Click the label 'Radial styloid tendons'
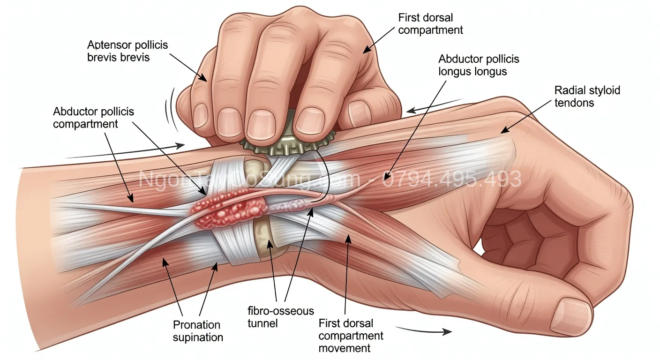click(587, 96)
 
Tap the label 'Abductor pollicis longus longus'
click(479, 66)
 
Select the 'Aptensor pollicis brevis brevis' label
click(127, 52)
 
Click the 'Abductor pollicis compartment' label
click(93, 118)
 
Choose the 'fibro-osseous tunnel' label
click(280, 317)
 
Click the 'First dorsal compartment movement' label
click(351, 336)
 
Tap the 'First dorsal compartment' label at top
click(430, 24)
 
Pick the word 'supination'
click(198, 337)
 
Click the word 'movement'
click(344, 348)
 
